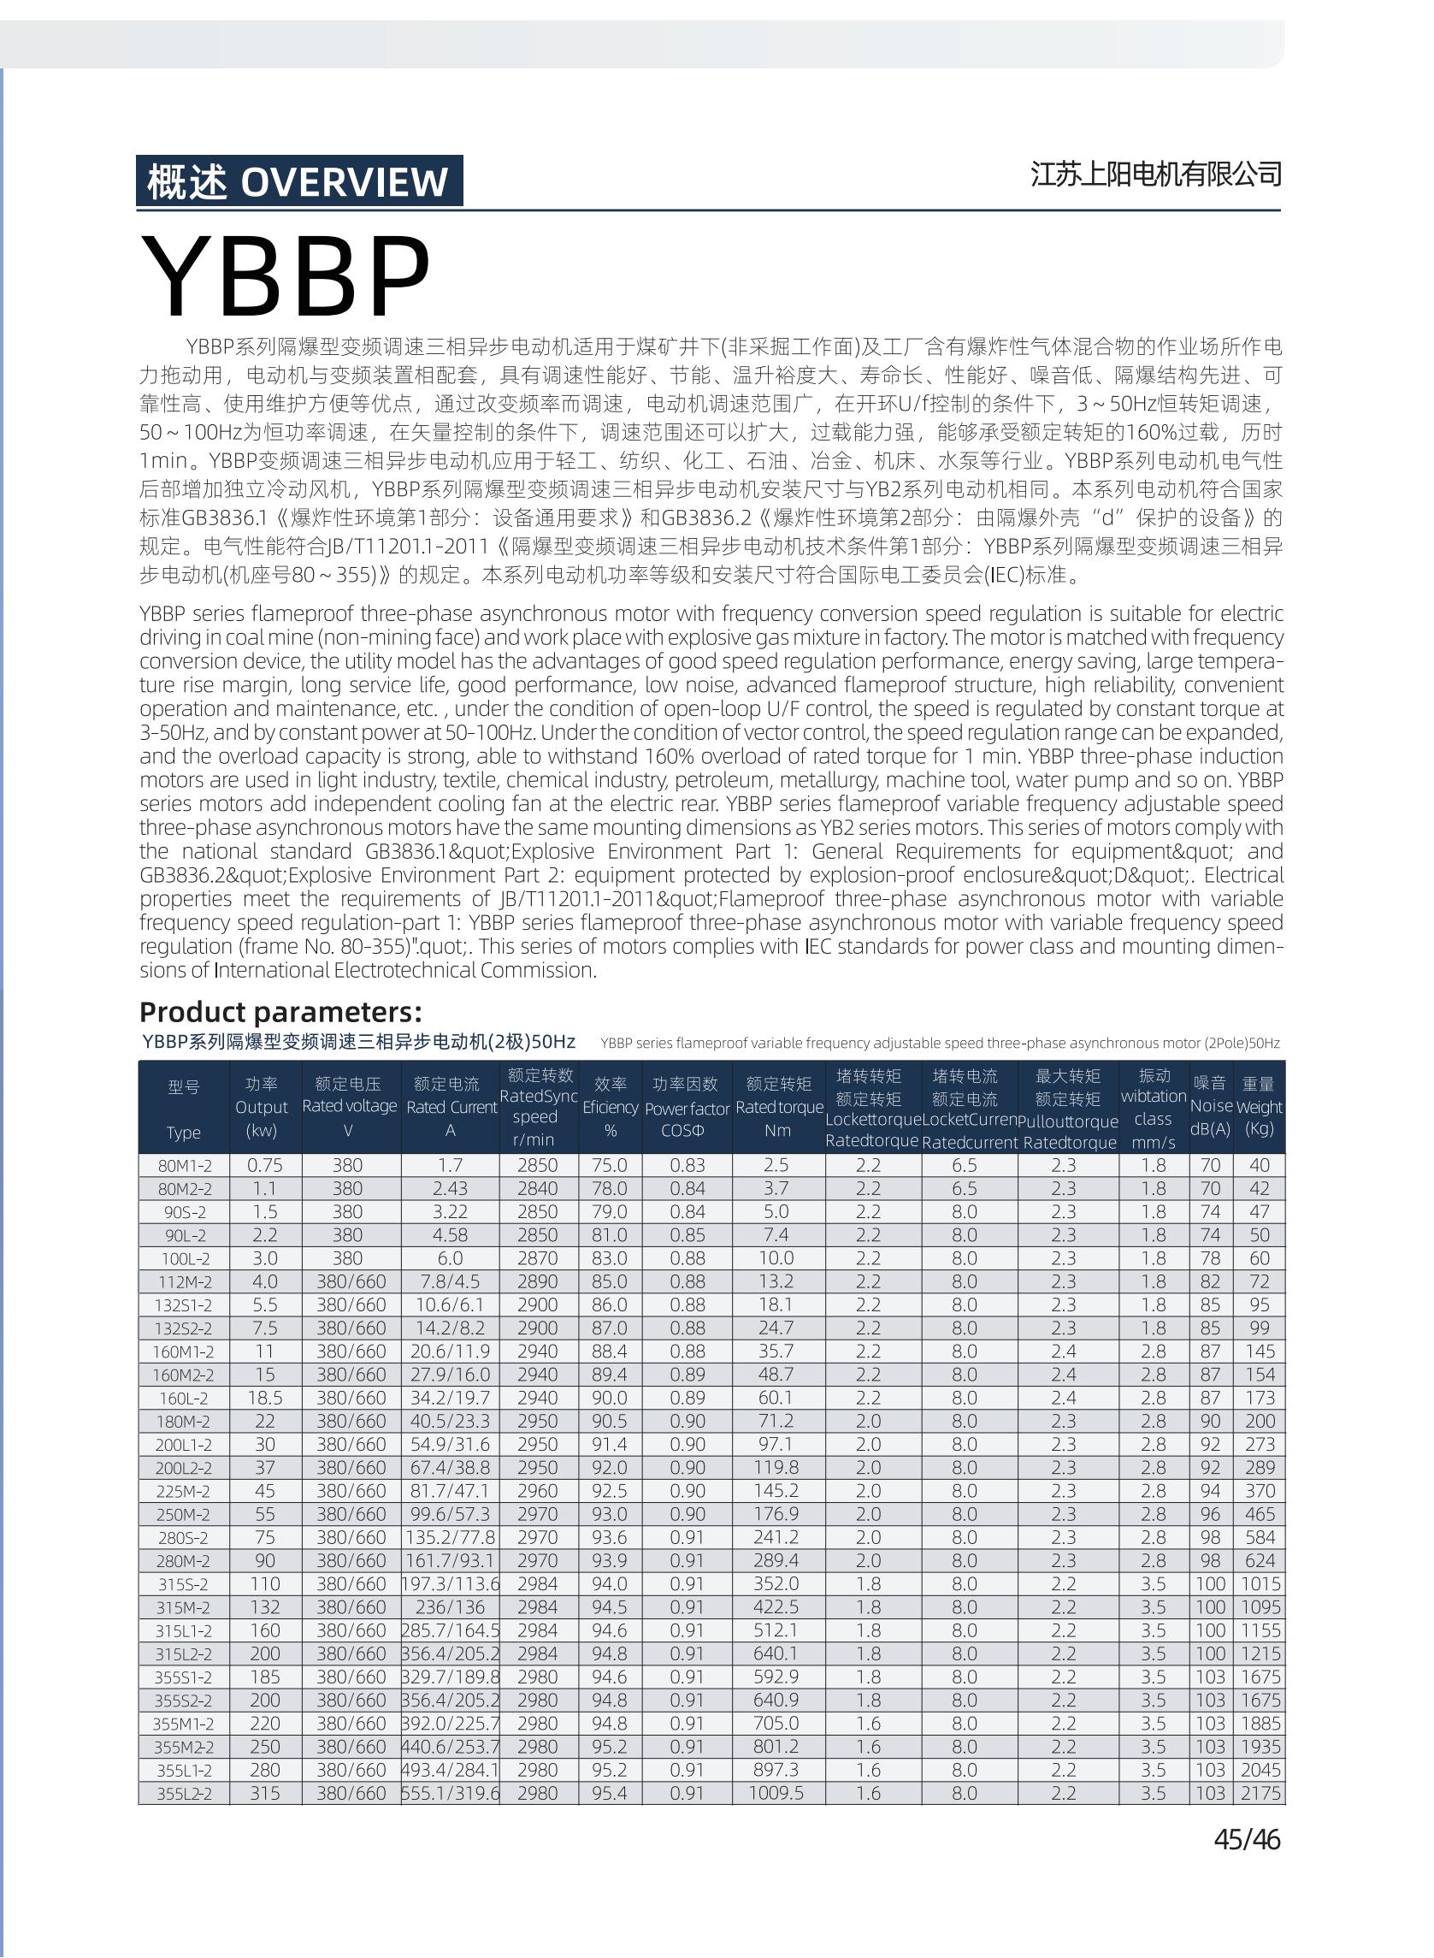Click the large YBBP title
(x=286, y=276)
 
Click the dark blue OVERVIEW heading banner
(x=298, y=181)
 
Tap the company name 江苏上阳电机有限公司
(x=1155, y=175)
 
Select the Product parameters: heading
(x=280, y=1012)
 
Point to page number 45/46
(x=1247, y=1839)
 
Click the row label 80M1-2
(x=184, y=1165)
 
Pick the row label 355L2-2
(x=184, y=1793)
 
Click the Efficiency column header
(x=611, y=1107)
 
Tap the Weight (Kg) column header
(x=1259, y=1106)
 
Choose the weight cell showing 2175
(x=1260, y=1793)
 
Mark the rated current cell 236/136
(x=450, y=1607)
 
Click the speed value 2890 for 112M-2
(x=537, y=1281)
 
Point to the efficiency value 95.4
(x=610, y=1793)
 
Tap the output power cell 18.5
(x=265, y=1398)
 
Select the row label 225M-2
(x=184, y=1491)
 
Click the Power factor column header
(x=687, y=1107)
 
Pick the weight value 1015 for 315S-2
(x=1260, y=1584)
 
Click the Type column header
(x=184, y=1108)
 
